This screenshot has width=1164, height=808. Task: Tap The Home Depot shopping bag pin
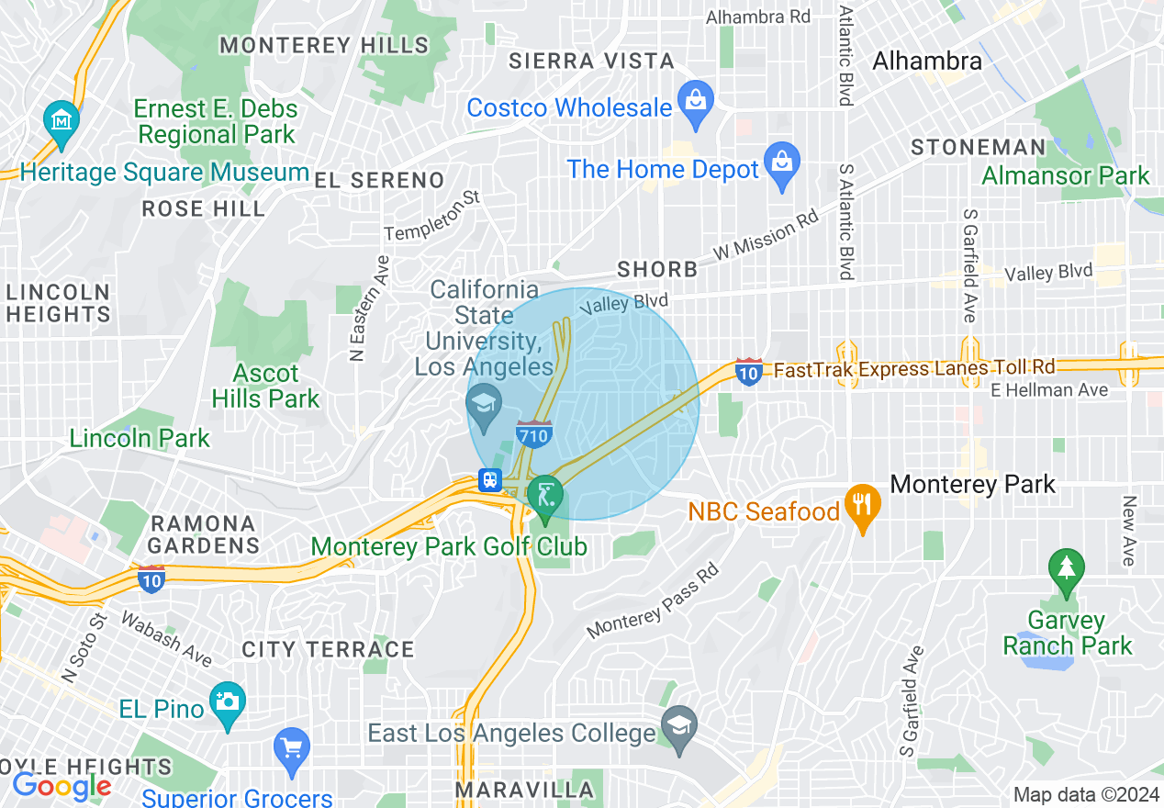(x=782, y=160)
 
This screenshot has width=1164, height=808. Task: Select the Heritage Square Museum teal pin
(x=62, y=120)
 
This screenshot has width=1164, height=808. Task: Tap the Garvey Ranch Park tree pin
(x=1066, y=568)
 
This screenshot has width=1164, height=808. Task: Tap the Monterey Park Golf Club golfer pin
(x=545, y=495)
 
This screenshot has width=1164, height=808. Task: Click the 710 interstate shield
(x=533, y=433)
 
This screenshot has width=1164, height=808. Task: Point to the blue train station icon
(x=490, y=480)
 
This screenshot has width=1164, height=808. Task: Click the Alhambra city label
(x=926, y=62)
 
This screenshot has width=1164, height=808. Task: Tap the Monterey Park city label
(x=972, y=484)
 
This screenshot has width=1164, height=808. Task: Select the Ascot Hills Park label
(x=265, y=386)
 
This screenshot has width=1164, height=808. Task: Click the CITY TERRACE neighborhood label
(x=328, y=649)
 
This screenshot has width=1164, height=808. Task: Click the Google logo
(x=62, y=786)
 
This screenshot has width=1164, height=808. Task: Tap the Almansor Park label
(x=1065, y=175)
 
